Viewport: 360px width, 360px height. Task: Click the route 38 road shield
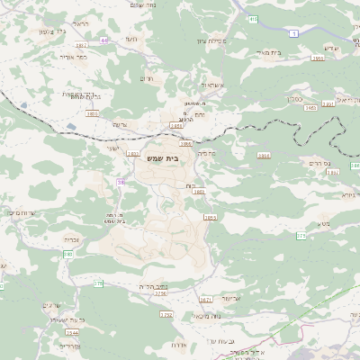(x=121, y=182)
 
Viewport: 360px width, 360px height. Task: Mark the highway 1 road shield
(x=292, y=32)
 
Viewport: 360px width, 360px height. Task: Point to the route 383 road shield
(x=67, y=255)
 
